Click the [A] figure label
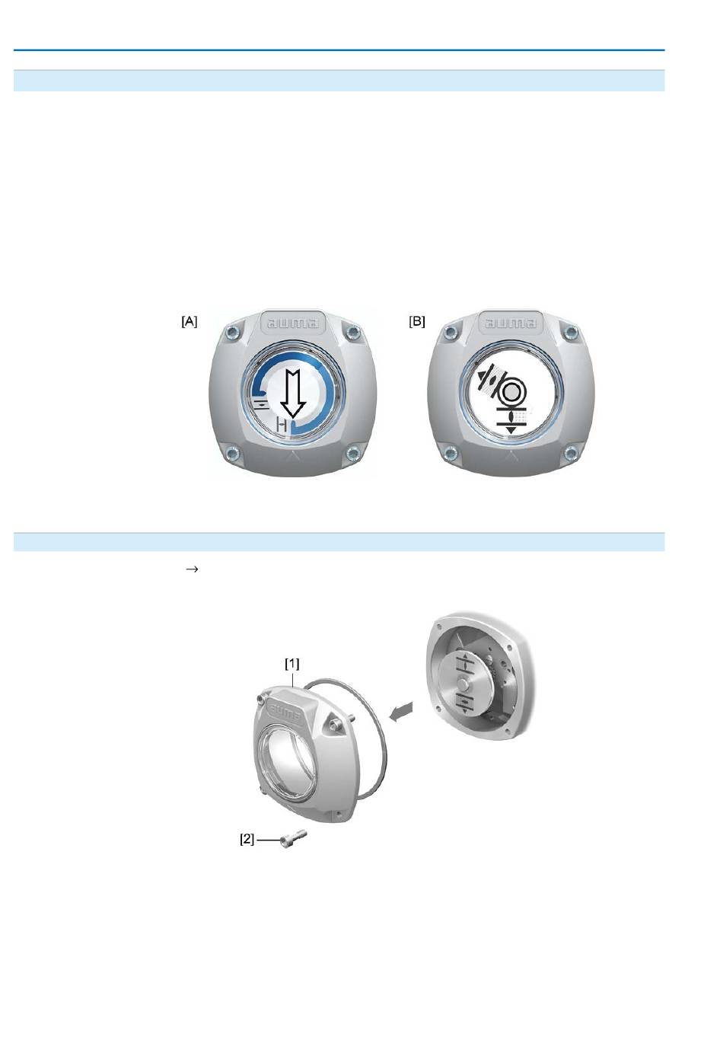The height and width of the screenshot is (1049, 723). click(190, 322)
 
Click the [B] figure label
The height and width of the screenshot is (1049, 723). click(417, 322)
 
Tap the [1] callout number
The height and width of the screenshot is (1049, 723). click(292, 663)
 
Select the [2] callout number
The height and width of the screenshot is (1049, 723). click(247, 839)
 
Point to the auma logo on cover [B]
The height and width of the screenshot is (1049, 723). click(511, 324)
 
